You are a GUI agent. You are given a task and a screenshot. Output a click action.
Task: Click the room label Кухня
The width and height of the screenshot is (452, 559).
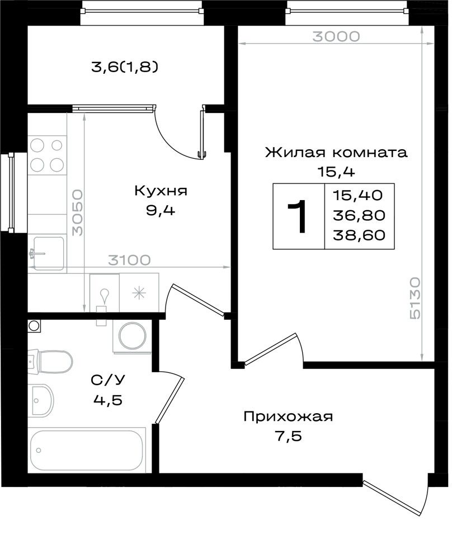pos(161,191)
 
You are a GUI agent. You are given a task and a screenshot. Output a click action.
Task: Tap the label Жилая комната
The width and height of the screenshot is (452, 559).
pos(336,153)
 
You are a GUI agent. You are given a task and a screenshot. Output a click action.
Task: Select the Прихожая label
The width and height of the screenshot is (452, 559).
pos(288,416)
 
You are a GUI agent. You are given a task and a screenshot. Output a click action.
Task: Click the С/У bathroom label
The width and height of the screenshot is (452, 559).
pos(108,380)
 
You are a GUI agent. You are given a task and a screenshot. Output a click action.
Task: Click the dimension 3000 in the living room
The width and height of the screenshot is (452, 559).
pos(336,36)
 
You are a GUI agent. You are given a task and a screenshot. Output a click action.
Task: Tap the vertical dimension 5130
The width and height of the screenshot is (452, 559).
pos(415,299)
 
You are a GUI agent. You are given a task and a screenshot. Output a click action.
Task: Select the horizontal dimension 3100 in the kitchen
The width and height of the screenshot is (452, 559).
pos(129,260)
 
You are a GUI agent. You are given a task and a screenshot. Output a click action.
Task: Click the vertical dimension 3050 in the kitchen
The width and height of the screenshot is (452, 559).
pos(77,213)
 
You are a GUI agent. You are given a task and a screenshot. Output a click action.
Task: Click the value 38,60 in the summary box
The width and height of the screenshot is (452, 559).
pos(359,235)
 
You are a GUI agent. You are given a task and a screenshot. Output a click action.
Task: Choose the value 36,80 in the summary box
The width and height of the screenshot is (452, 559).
pos(359,215)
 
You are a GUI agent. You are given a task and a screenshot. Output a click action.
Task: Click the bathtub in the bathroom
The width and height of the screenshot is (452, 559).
pos(87,450)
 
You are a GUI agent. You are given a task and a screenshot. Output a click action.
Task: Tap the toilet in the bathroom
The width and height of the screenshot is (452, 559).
pos(51,362)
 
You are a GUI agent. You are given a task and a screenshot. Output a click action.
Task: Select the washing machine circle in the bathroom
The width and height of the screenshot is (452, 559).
pos(133,336)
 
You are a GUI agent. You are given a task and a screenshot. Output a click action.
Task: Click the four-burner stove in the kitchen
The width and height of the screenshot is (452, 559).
pos(47,155)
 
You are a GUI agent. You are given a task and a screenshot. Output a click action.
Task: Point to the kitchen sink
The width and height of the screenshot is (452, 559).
pos(48,253)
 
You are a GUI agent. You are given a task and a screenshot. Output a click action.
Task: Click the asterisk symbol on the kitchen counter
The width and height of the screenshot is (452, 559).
pos(139,293)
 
